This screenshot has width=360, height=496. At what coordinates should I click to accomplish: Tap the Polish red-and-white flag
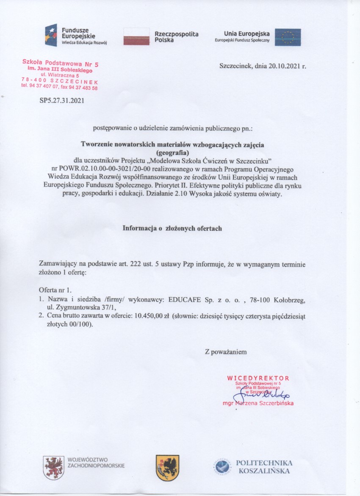(137, 36)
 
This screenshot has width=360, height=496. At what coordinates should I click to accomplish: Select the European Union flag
(288, 37)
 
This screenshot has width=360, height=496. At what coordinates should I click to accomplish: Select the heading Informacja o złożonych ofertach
(172, 228)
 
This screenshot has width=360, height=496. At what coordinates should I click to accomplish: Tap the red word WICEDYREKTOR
(258, 378)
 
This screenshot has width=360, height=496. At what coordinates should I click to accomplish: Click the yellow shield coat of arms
(167, 468)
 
